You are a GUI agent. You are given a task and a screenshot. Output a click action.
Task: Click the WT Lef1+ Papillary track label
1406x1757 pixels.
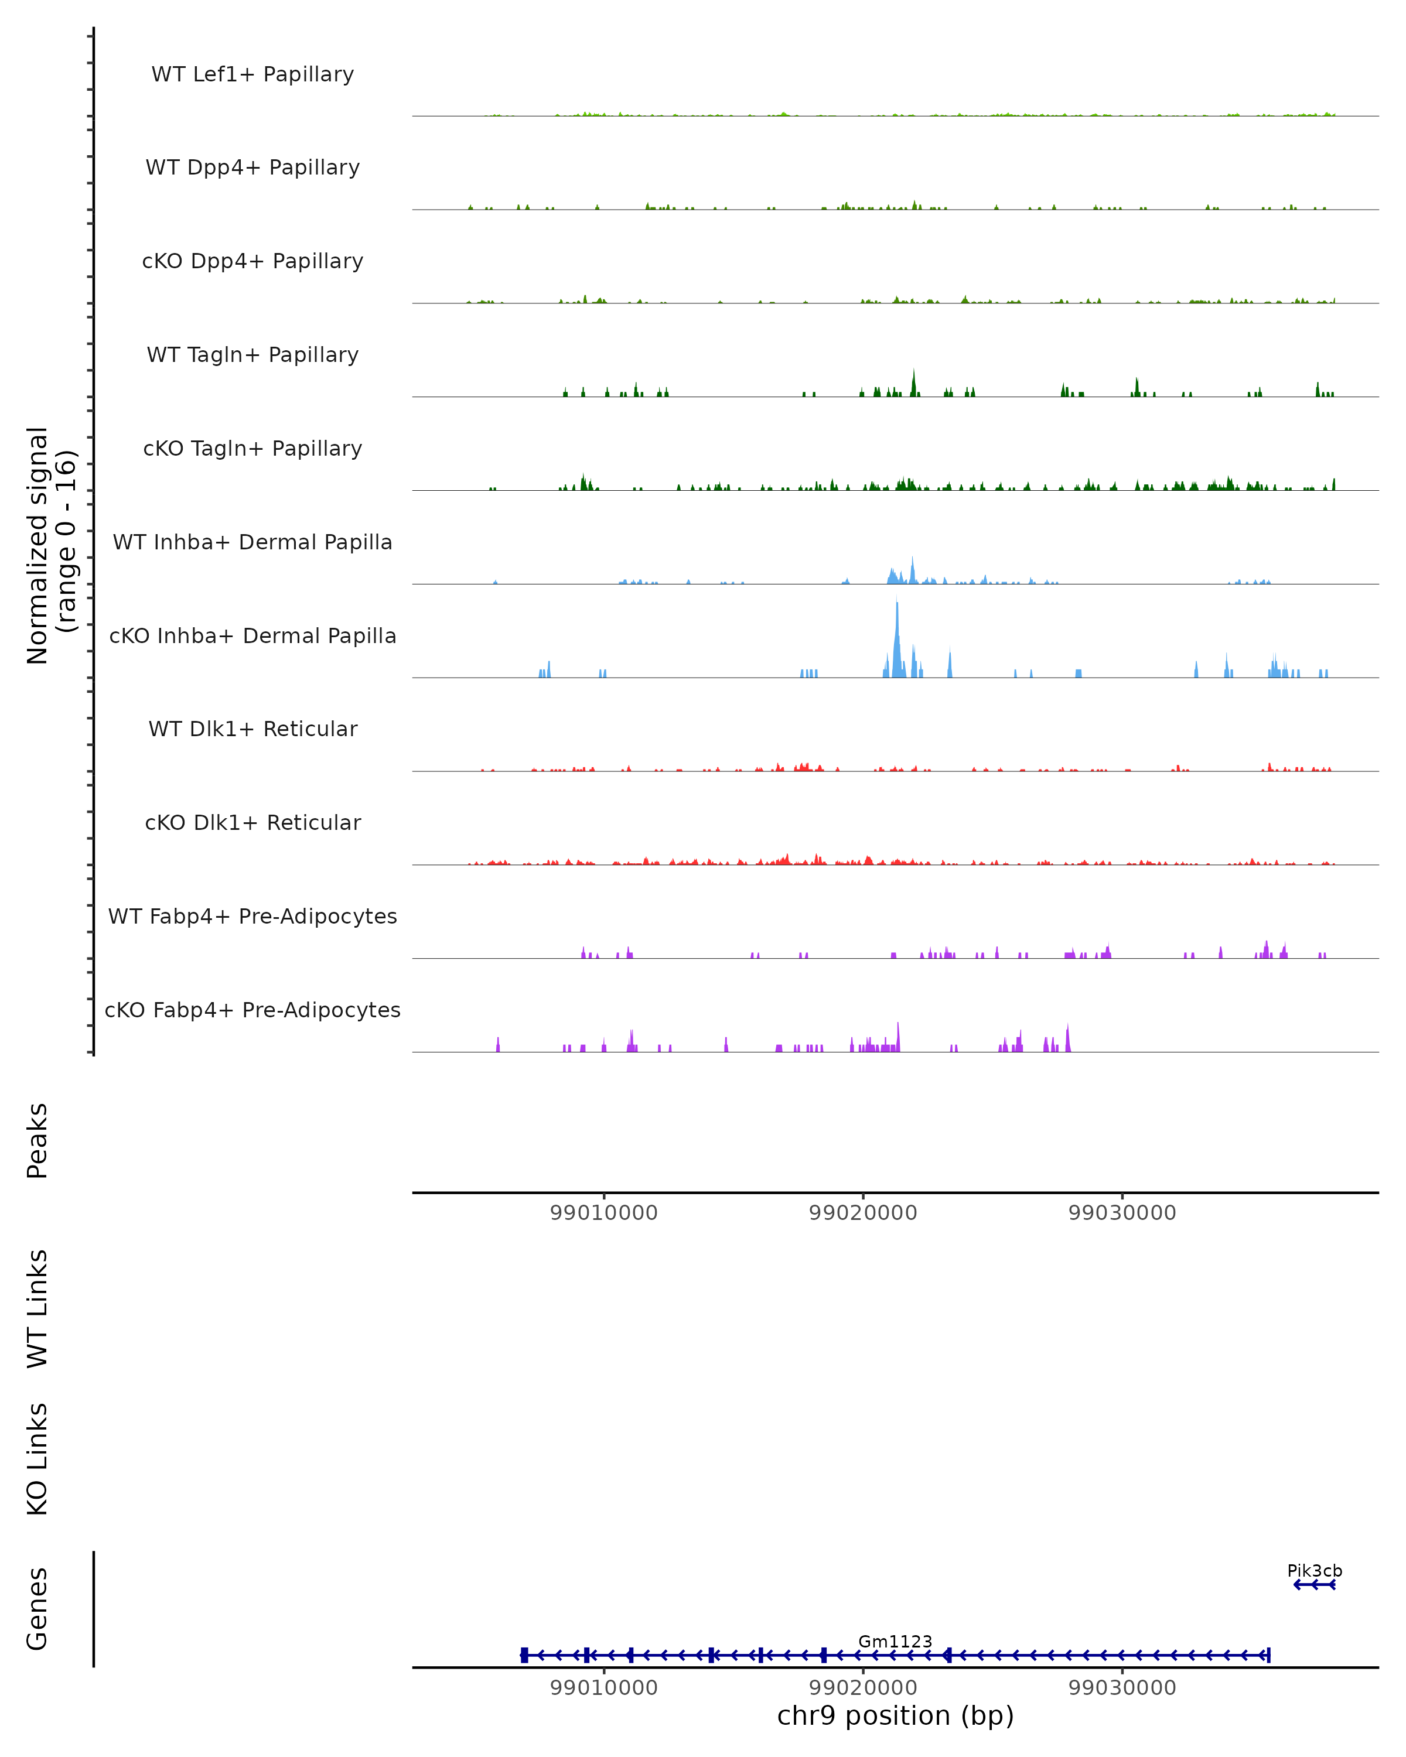tap(252, 74)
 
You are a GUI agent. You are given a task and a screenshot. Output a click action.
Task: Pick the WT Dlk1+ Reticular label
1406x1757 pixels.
tap(252, 729)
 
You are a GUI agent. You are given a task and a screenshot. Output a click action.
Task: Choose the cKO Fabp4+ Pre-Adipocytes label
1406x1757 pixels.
tap(252, 1010)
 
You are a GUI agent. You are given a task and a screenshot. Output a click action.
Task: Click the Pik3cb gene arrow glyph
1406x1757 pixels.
tap(1314, 1584)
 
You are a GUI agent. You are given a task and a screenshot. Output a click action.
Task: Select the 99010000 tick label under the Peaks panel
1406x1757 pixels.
tap(604, 1213)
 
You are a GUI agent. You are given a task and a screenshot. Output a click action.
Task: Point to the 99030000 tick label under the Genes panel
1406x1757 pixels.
tap(1122, 1688)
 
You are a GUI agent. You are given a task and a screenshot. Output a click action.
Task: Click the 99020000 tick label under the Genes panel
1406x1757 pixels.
tap(863, 1688)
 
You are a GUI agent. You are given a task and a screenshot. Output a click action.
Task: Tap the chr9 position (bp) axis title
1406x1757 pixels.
tap(896, 1715)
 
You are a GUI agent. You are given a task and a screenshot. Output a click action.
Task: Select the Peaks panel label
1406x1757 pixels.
tap(37, 1140)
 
